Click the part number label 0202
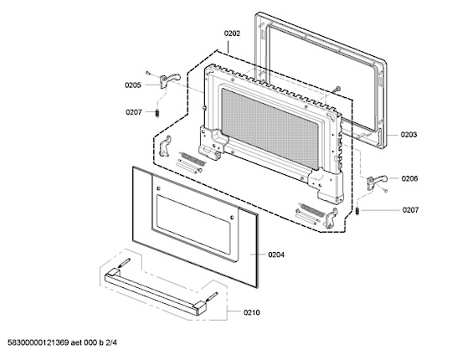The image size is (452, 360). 232,33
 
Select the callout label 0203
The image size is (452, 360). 408,135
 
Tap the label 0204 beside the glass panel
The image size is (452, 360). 276,255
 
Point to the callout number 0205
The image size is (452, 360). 133,85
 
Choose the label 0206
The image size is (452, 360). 409,178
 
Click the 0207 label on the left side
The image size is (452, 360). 134,112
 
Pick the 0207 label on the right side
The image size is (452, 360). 410,210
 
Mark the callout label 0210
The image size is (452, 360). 252,312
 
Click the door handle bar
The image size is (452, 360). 156,291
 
